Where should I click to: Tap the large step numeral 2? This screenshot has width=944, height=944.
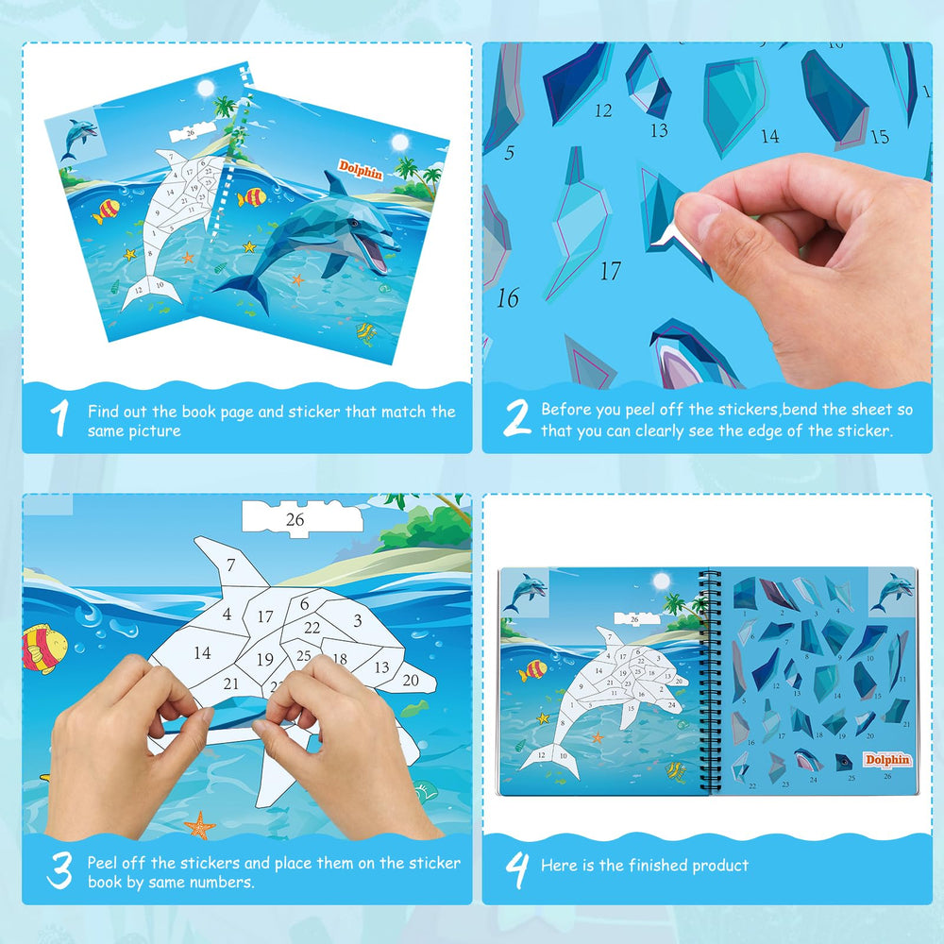pyautogui.click(x=516, y=418)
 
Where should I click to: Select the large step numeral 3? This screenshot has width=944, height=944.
pyautogui.click(x=59, y=871)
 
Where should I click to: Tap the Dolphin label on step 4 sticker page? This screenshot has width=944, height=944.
pyautogui.click(x=887, y=759)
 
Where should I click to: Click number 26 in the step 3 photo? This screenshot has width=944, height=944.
pyautogui.click(x=295, y=519)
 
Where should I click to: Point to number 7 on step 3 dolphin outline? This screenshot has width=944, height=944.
pyautogui.click(x=229, y=566)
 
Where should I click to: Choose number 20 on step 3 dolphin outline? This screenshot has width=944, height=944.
pyautogui.click(x=411, y=679)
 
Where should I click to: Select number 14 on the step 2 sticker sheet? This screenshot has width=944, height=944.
pyautogui.click(x=769, y=137)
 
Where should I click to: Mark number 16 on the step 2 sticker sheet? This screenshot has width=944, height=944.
pyautogui.click(x=508, y=299)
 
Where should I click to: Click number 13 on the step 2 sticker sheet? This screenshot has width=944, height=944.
pyautogui.click(x=658, y=131)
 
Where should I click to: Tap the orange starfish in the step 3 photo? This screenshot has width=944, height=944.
pyautogui.click(x=199, y=826)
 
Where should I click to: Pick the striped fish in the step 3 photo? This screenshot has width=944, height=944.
pyautogui.click(x=43, y=649)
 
